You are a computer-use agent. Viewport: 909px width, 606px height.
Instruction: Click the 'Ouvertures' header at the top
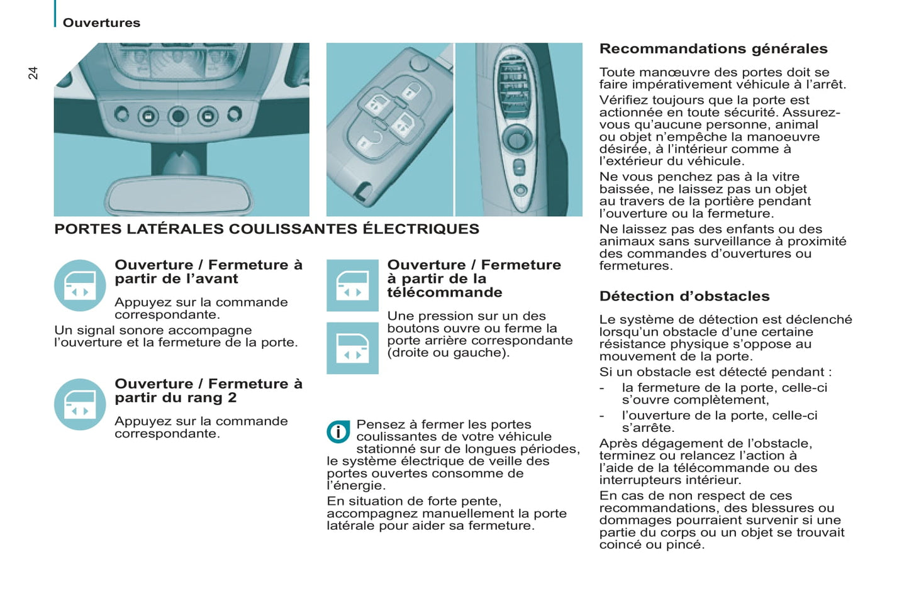coord(101,23)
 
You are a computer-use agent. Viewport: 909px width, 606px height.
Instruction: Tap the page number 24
coord(33,73)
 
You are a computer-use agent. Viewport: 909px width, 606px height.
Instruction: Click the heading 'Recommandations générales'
coord(713,48)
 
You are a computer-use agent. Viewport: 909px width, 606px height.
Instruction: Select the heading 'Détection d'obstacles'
coord(684,296)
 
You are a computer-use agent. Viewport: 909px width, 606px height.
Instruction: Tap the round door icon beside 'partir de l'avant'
coord(80,285)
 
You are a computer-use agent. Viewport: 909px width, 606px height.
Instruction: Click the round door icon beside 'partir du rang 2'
coord(80,404)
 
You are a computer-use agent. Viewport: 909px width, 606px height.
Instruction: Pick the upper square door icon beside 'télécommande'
coord(352,285)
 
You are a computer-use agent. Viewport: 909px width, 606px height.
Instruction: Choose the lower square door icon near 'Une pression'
coord(352,348)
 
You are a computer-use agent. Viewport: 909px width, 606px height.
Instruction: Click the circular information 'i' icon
coord(338,432)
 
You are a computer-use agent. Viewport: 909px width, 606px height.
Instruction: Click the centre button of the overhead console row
coord(179,116)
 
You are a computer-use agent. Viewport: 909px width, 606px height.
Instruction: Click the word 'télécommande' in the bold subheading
coord(444,292)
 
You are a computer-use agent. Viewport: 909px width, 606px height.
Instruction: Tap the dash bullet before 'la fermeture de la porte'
coord(602,388)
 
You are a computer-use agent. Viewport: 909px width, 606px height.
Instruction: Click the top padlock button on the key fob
coord(411,92)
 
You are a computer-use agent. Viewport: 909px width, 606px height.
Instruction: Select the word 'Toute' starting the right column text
coord(615,72)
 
